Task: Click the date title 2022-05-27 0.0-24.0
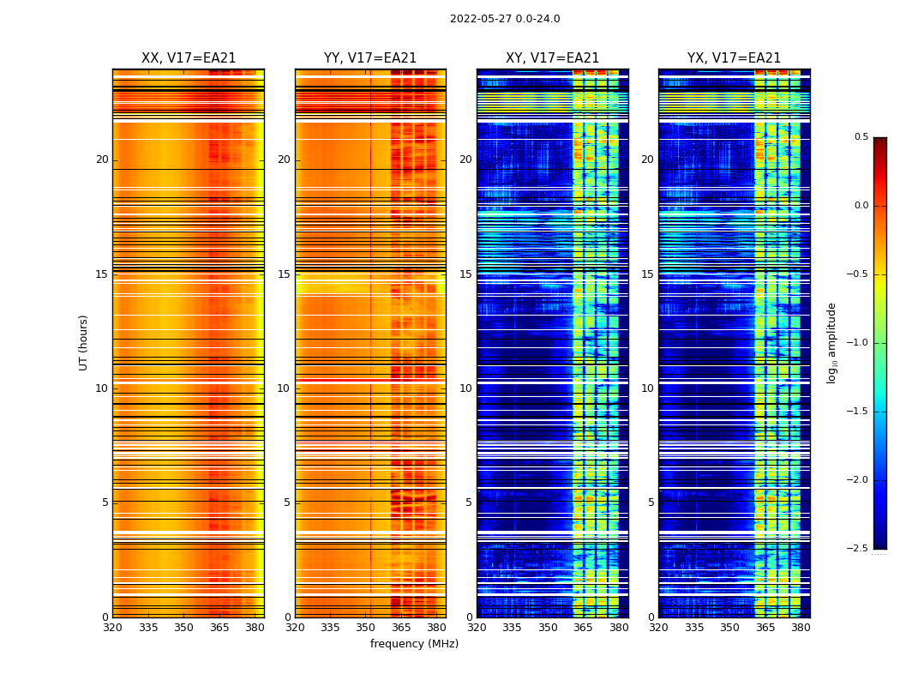click(505, 19)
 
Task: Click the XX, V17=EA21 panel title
click(189, 58)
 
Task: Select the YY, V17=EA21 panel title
click(370, 58)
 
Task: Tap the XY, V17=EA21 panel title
click(552, 58)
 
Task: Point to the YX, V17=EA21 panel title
click(734, 58)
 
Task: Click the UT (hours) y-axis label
click(84, 342)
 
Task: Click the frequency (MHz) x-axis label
click(414, 644)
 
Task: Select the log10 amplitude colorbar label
click(831, 342)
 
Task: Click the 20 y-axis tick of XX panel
click(102, 159)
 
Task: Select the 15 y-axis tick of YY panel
click(284, 274)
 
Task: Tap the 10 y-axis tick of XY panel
click(465, 388)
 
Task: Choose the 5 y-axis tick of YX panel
click(651, 502)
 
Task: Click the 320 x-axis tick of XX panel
click(112, 628)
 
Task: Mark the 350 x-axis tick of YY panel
click(366, 628)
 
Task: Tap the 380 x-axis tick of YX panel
click(801, 628)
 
